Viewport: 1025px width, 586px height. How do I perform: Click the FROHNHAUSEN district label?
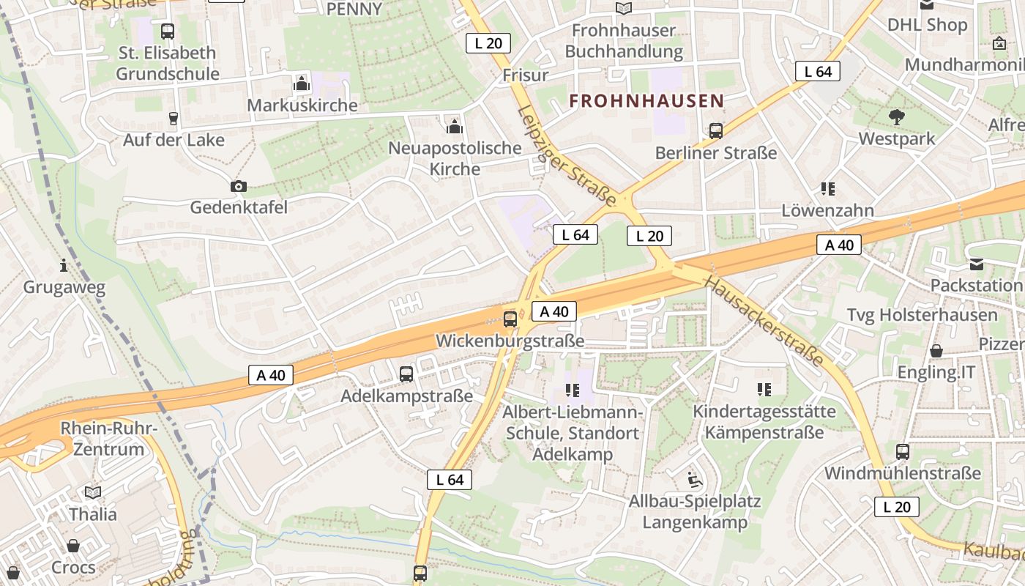tap(646, 101)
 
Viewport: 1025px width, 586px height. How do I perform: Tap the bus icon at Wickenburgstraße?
tap(510, 319)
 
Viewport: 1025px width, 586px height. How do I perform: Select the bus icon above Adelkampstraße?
tap(406, 374)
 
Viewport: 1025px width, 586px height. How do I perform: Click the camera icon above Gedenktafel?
tap(238, 186)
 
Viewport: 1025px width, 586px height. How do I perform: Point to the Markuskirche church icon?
tap(301, 84)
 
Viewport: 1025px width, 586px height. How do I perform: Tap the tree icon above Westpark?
tap(896, 117)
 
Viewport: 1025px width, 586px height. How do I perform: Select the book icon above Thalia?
tap(93, 492)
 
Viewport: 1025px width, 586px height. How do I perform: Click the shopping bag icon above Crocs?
tap(73, 546)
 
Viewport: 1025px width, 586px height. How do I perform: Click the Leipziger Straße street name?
tap(567, 155)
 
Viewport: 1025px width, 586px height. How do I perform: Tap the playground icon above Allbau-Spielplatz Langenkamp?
tap(695, 481)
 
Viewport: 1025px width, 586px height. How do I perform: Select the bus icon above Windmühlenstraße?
tap(902, 452)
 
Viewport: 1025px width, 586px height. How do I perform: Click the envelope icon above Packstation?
tap(977, 264)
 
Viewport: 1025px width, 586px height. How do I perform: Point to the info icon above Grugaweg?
tap(64, 265)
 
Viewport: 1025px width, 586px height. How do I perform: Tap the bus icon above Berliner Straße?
tap(716, 131)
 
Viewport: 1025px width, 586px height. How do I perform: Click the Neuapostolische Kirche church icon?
tap(455, 126)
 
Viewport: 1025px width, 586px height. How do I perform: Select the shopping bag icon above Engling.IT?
tap(936, 351)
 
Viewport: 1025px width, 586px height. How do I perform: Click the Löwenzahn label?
tap(827, 210)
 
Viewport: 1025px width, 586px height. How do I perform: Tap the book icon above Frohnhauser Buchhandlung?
tap(623, 9)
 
